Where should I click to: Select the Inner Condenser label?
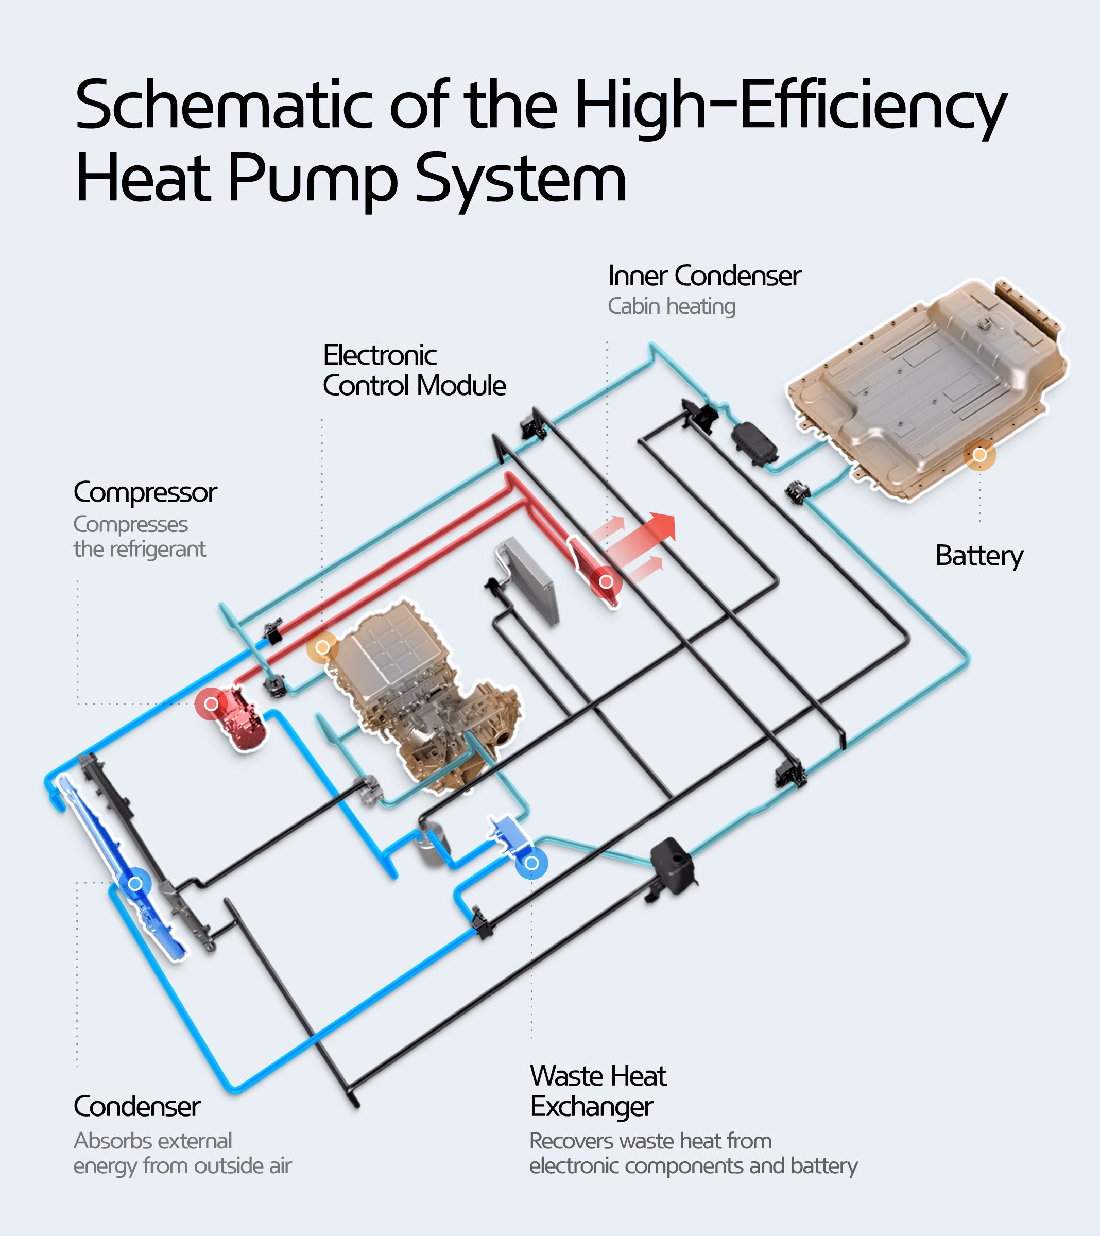point(704,277)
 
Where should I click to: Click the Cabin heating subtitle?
point(671,306)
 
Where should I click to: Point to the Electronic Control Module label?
point(414,370)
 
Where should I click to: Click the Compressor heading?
point(145,492)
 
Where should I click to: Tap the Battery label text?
point(978,555)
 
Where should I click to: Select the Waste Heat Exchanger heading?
point(597,1091)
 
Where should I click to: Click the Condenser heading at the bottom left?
point(136,1107)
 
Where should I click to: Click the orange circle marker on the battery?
point(979,455)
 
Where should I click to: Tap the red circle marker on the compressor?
point(211,704)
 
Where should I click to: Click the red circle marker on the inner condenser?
point(606,582)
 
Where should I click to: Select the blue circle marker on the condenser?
point(135,883)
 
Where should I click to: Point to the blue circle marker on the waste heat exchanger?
point(531,863)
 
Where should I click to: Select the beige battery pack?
point(925,387)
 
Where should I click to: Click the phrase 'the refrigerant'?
point(139,549)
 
